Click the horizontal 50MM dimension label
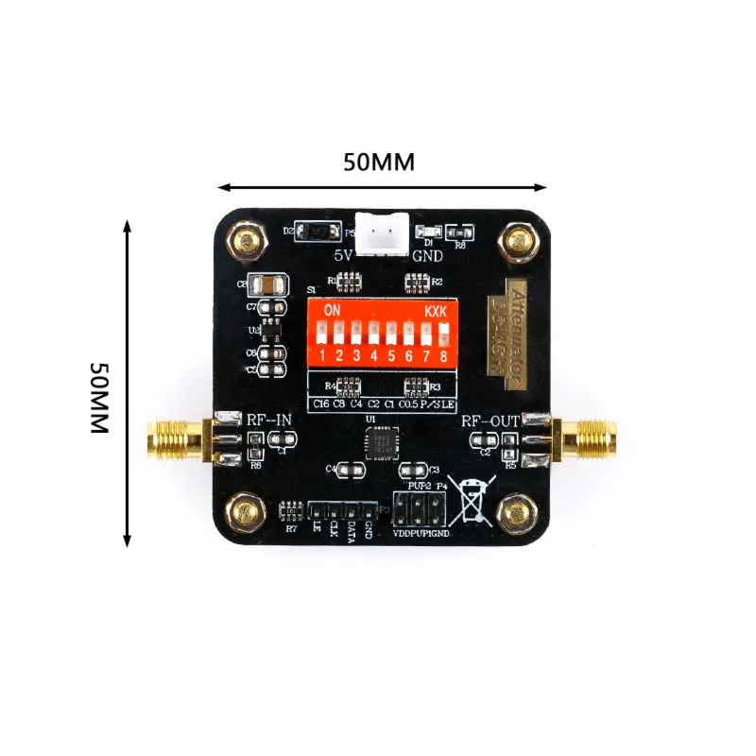[x=379, y=162]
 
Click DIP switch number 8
[x=442, y=332]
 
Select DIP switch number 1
[x=322, y=333]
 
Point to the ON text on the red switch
[x=332, y=310]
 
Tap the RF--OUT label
[x=490, y=421]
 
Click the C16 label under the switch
[x=321, y=404]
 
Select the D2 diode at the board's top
[x=312, y=232]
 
